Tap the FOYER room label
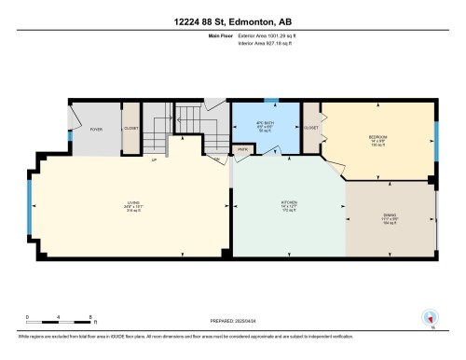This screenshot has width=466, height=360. point(96,130)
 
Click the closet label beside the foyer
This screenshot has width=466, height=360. point(130,130)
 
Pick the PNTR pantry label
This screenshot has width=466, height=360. point(242,148)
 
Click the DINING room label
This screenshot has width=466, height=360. point(389,219)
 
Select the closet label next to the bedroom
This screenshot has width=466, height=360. point(311,127)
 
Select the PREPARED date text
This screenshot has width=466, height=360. point(232,325)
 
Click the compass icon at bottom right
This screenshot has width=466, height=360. point(430,318)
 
